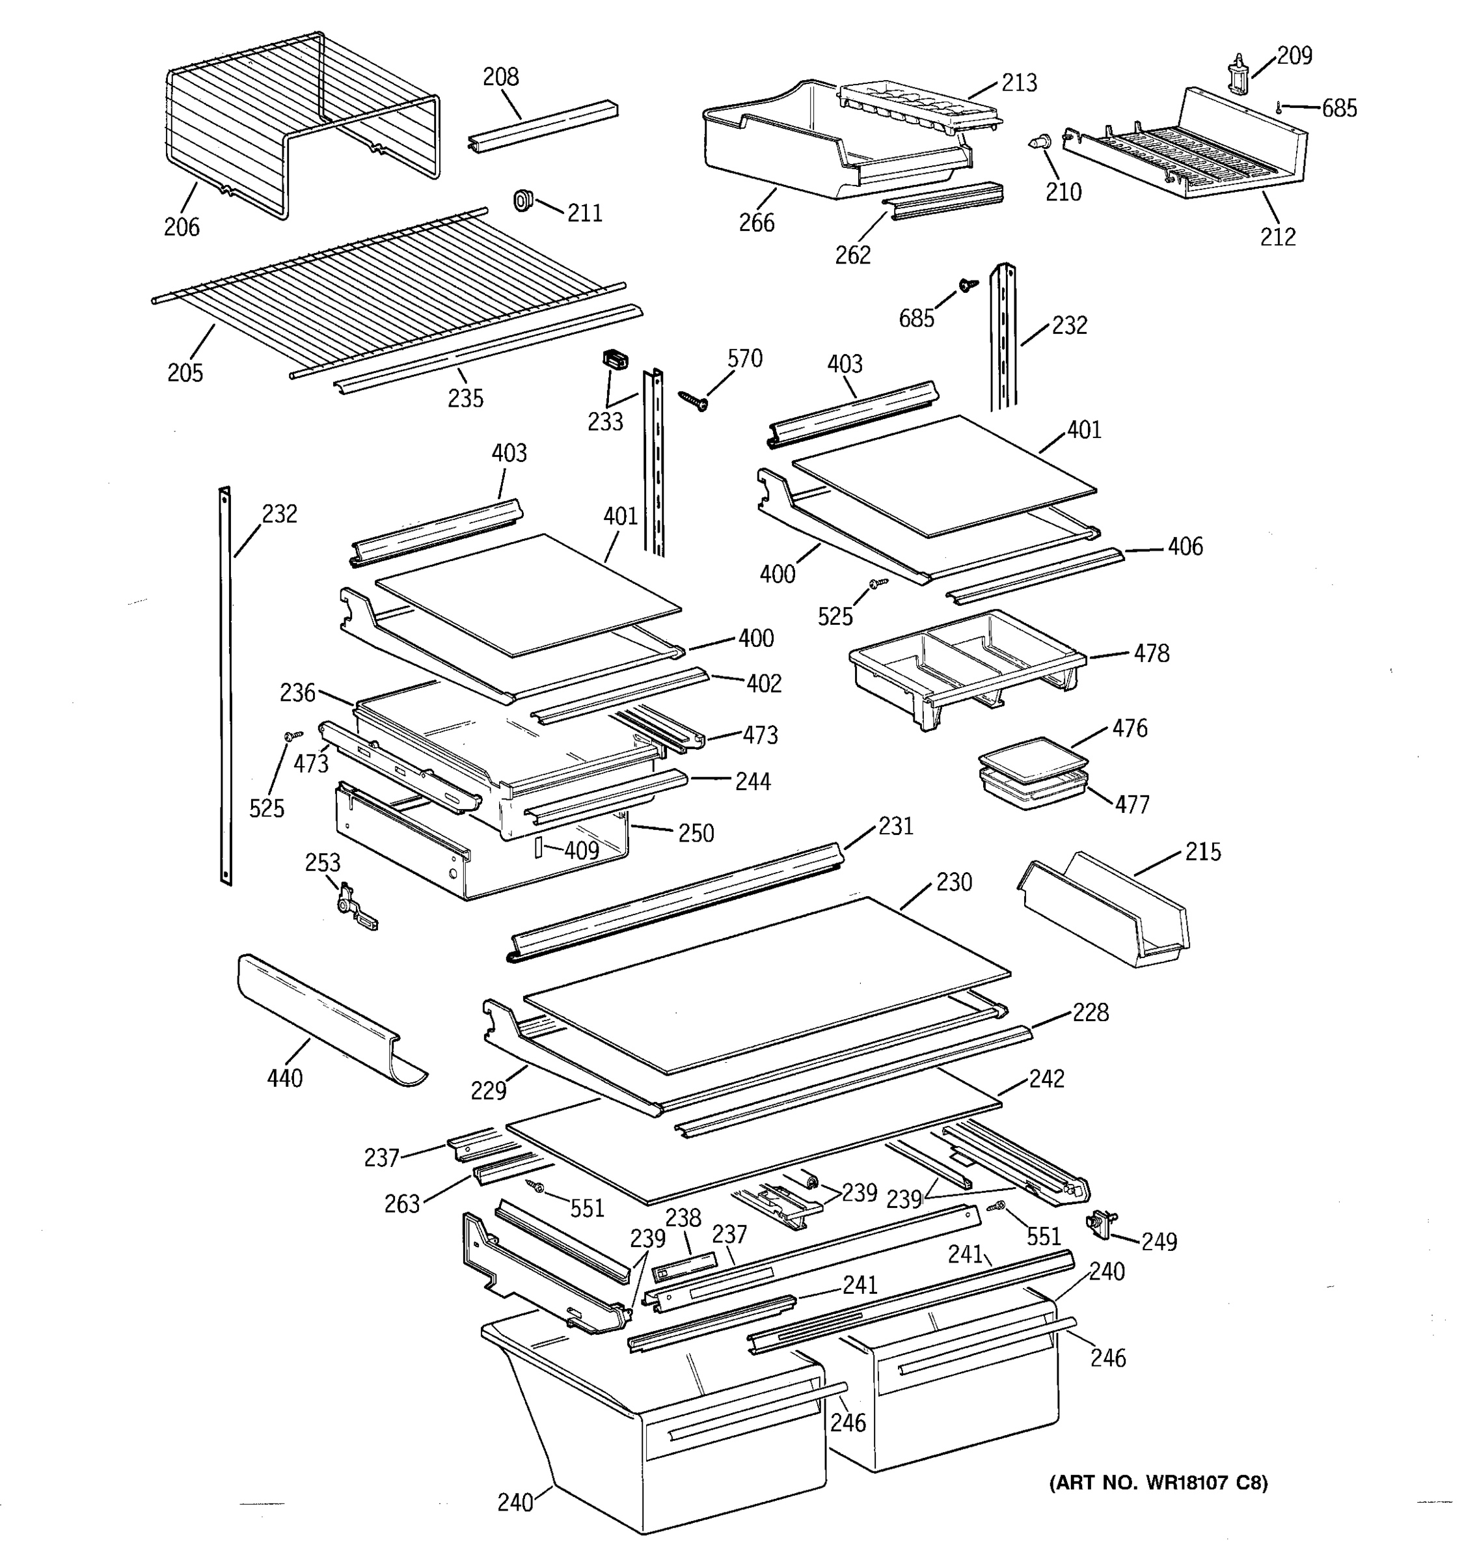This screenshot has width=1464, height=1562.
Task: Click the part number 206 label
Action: coord(182,227)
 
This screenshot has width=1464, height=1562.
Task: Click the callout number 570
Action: coord(744,359)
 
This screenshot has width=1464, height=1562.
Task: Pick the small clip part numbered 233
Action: coord(616,360)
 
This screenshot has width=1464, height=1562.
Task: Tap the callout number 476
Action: coord(1130,728)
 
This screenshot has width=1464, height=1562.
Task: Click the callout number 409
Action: coord(581,850)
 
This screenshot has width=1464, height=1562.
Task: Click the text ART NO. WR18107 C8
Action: coord(1158,1483)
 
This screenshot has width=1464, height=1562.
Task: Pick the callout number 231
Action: coord(895,826)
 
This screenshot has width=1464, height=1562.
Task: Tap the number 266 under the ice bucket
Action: coord(756,223)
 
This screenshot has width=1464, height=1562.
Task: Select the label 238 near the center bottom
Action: coord(683,1218)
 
